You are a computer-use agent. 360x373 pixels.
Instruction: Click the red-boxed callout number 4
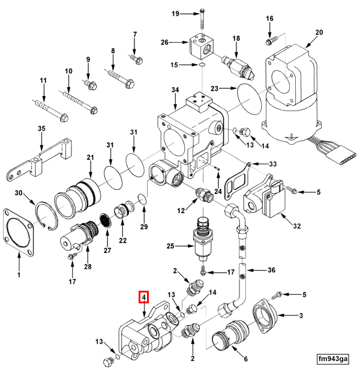[x=143, y=296]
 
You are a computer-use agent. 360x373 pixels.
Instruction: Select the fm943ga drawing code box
[x=334, y=359]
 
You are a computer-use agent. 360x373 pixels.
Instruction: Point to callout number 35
[x=41, y=129]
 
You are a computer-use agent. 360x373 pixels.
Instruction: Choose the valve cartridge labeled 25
[x=202, y=240]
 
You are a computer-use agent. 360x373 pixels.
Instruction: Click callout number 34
[x=175, y=90]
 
